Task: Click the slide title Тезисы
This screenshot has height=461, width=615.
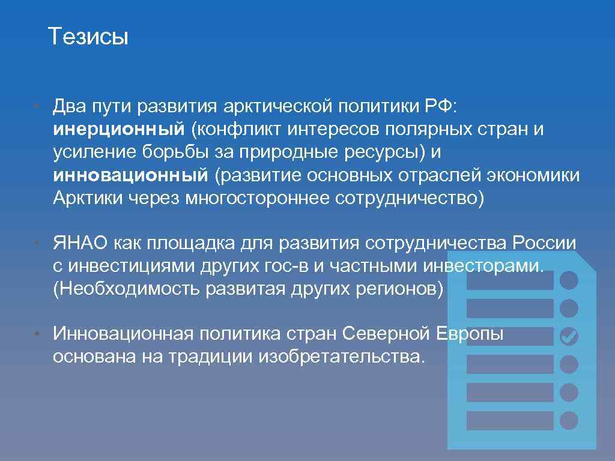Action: pos(88,37)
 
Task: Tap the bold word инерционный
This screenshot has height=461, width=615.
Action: pos(118,130)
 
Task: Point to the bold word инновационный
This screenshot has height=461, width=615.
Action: pos(130,175)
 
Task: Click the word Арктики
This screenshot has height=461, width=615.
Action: pos(87,198)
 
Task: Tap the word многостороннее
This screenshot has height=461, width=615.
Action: pos(257,198)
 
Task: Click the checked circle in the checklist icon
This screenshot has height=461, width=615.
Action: pos(568,337)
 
